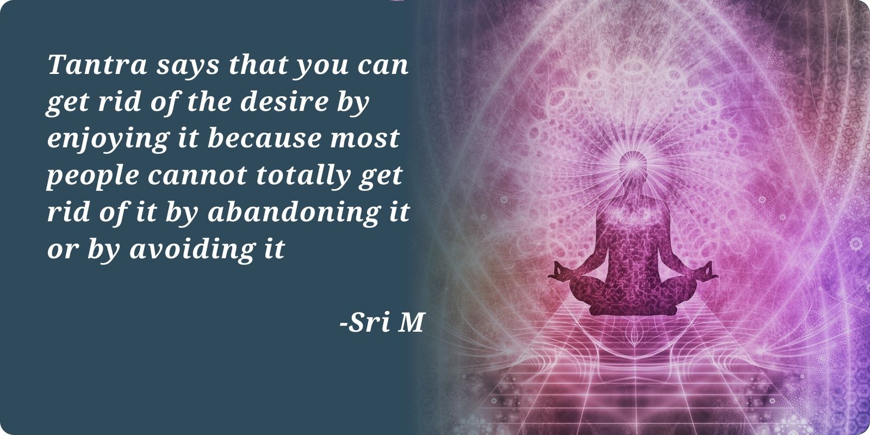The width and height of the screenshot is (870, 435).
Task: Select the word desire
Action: [x=285, y=101]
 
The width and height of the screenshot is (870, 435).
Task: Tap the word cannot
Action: [x=197, y=176]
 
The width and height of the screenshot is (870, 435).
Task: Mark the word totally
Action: [x=303, y=177]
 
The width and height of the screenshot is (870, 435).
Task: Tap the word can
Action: [x=383, y=66]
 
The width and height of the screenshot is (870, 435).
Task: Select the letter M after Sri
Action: [x=411, y=322]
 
